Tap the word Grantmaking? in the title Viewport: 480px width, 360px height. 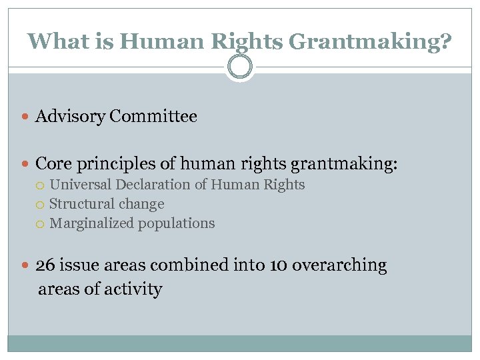coord(370,42)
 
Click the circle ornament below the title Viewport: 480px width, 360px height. coord(239,67)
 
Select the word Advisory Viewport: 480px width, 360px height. coord(70,117)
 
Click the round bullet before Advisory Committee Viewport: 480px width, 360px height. coord(26,117)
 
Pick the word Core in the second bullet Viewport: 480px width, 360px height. coord(53,163)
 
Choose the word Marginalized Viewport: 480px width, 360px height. coord(91,223)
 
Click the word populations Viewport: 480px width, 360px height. coord(176,224)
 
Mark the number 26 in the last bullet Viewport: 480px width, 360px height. coord(45,265)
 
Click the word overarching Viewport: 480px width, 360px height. coord(339,265)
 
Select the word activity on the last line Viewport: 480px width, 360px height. coord(137,289)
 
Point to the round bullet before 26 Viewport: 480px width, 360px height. coord(26,265)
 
